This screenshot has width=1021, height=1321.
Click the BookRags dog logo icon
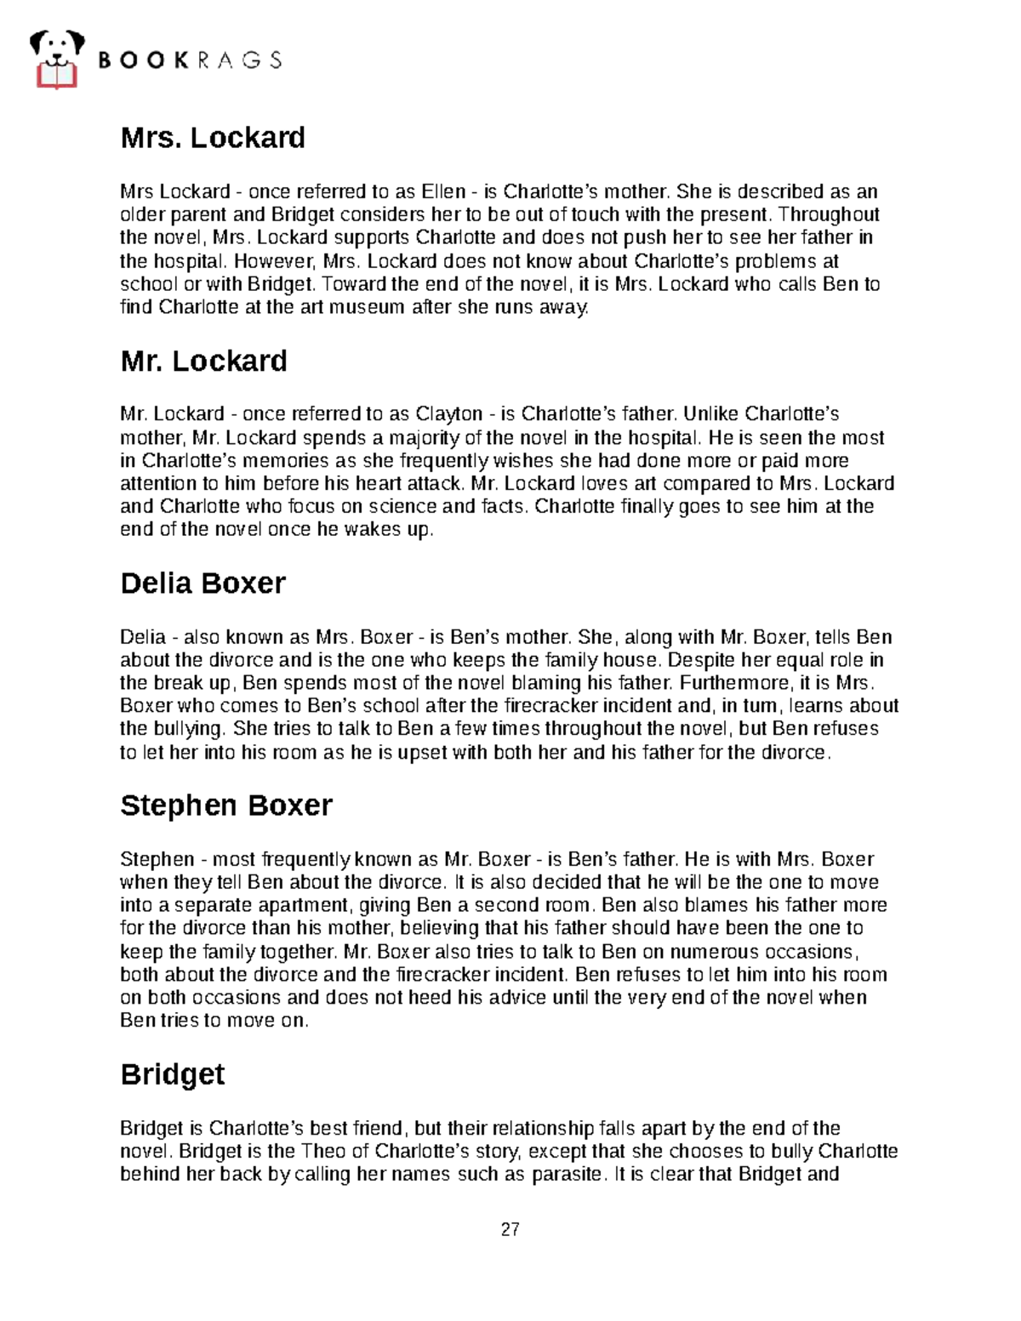[x=56, y=59]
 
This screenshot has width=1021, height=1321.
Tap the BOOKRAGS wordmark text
[x=191, y=60]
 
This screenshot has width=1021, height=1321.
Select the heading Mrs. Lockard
[x=213, y=138]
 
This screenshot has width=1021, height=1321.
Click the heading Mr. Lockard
[x=203, y=361]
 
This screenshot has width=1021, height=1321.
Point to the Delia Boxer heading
[x=202, y=584]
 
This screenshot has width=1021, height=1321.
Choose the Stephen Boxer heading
[x=225, y=806]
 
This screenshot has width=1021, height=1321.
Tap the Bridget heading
[x=173, y=1074]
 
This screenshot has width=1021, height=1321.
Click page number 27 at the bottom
[x=510, y=1229]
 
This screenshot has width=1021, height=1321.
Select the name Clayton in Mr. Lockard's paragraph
[x=449, y=414]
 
